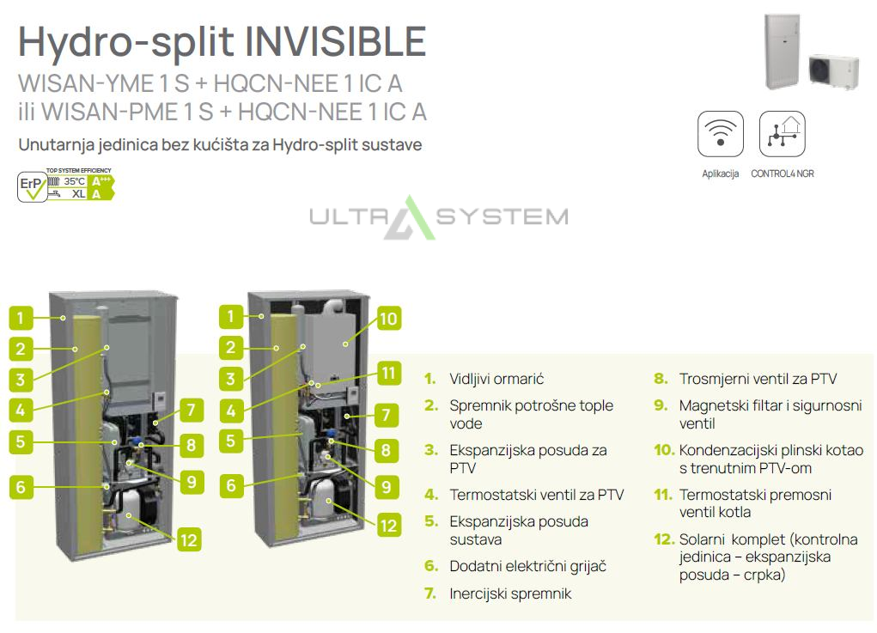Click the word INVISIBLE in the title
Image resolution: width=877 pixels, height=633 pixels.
click(335, 42)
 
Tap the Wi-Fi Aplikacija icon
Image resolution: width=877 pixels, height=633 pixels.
click(721, 134)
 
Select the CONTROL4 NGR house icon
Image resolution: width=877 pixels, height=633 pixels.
click(783, 134)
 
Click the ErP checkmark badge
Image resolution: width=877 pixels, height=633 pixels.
click(32, 186)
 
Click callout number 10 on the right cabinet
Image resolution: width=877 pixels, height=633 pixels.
click(388, 319)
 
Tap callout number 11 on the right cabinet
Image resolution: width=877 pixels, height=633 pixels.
click(388, 373)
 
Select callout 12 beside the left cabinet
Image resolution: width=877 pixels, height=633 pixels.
click(188, 540)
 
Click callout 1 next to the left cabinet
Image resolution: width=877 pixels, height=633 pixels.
click(21, 318)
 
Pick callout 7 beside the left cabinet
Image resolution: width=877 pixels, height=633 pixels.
click(191, 410)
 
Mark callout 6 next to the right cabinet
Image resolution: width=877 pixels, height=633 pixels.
click(231, 485)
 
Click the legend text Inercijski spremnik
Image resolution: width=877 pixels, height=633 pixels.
click(510, 593)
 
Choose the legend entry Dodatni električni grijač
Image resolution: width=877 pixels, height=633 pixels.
click(527, 567)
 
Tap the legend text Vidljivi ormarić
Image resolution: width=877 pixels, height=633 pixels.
click(496, 379)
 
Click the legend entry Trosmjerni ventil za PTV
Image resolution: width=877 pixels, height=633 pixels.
click(758, 379)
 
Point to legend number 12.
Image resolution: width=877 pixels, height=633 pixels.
click(664, 539)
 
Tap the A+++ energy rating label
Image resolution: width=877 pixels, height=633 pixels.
click(102, 181)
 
